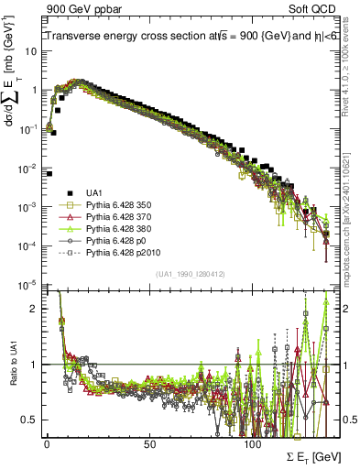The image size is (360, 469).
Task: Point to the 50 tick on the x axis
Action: (x=149, y=447)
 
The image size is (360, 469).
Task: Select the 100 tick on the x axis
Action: (x=252, y=447)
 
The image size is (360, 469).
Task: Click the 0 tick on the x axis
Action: (x=47, y=447)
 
